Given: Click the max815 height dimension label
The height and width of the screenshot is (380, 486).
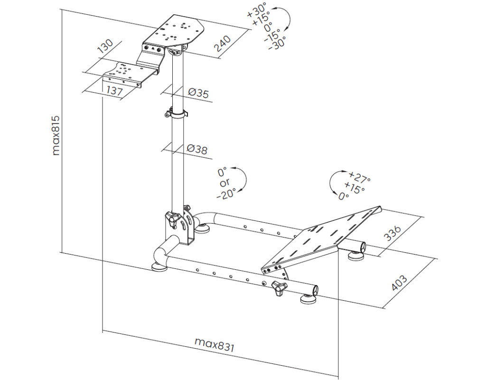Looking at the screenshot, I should [x=56, y=135].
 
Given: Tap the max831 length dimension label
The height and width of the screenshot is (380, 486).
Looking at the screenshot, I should [x=215, y=344].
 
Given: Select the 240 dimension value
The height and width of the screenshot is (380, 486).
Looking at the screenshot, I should [x=223, y=43].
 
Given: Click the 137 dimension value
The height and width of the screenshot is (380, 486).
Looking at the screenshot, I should [x=114, y=91].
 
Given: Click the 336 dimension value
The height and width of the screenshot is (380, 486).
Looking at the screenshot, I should [x=392, y=233].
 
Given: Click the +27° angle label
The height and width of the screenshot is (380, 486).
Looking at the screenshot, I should [x=359, y=177].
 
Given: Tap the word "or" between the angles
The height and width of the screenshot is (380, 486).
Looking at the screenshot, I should [x=224, y=182].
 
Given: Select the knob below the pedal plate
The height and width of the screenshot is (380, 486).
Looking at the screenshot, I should [x=279, y=287].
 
